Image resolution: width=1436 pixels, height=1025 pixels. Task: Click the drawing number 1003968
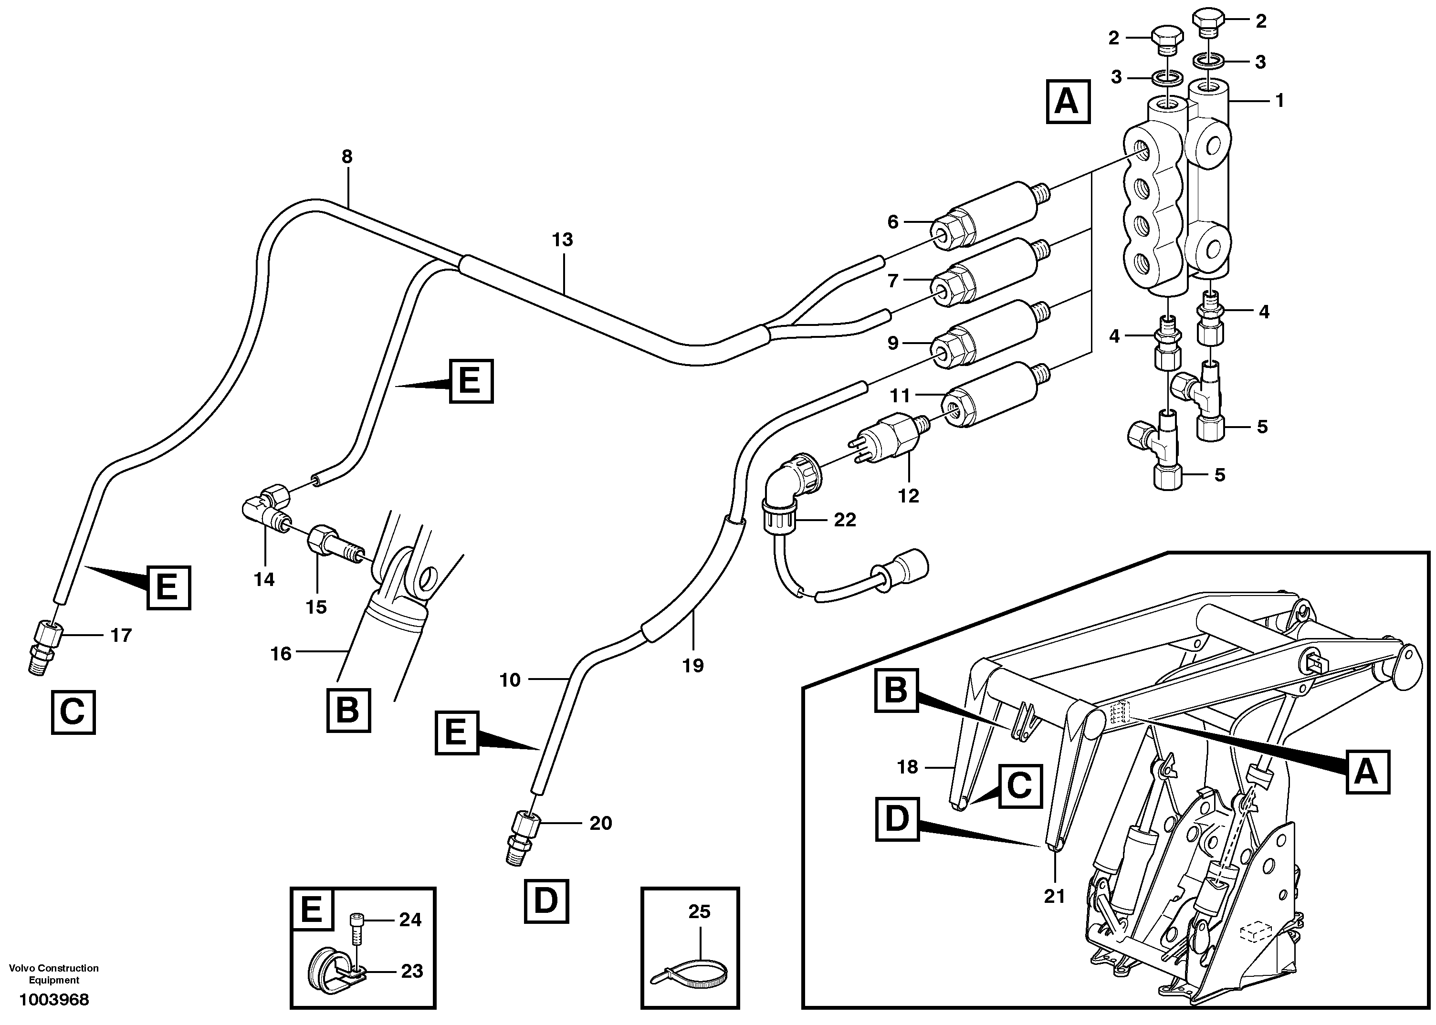(x=54, y=1000)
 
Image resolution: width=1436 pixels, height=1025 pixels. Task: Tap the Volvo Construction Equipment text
(x=54, y=974)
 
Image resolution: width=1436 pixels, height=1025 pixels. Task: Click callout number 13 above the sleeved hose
(x=562, y=240)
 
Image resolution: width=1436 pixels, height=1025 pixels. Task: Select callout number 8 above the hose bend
(x=346, y=157)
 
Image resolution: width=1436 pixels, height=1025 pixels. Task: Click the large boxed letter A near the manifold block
(x=1068, y=101)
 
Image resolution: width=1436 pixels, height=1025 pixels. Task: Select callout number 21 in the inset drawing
(x=1054, y=896)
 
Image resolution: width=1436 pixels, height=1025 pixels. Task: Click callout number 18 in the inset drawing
(x=908, y=767)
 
